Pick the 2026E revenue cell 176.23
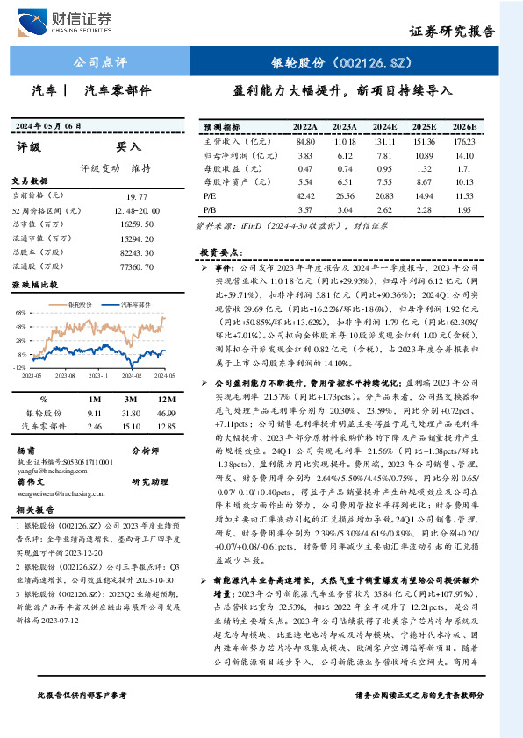point(464,141)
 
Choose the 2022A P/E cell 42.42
point(306,196)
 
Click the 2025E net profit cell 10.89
point(425,155)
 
